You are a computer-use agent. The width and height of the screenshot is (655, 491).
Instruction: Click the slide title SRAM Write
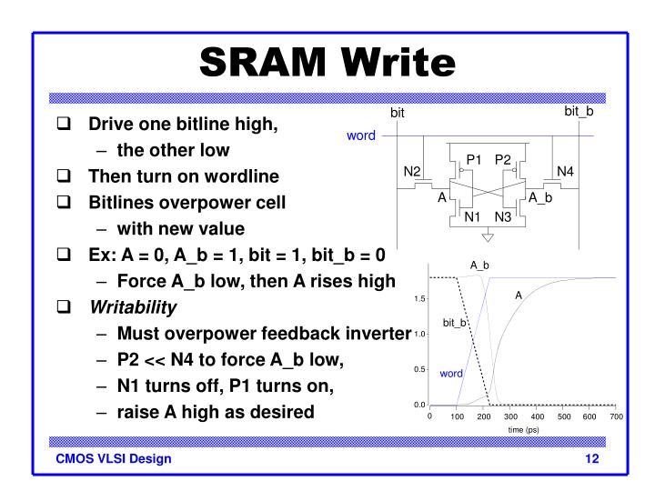pos(327,61)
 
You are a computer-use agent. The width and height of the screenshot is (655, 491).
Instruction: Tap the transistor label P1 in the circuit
pos(473,160)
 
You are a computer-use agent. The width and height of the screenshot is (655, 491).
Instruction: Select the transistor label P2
pos(503,160)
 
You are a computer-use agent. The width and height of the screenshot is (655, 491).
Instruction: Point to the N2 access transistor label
pos(412,172)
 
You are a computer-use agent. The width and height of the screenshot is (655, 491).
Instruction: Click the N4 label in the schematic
pos(565,172)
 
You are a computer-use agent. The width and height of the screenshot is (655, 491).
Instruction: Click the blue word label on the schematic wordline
pos(360,136)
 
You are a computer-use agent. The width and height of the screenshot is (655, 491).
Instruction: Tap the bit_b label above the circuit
pos(578,111)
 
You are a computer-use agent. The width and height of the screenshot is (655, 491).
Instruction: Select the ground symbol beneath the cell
pos(488,239)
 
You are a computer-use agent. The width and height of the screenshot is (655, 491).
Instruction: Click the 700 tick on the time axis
pos(616,416)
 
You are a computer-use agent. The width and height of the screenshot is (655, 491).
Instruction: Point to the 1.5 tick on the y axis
pos(420,298)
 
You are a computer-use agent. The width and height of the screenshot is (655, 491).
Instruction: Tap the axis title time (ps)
pos(522,429)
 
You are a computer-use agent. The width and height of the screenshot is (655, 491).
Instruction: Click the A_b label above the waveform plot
pos(479,265)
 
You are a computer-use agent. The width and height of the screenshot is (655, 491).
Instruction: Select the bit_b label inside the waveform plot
pos(455,323)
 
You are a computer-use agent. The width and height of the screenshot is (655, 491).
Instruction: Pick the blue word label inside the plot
pos(452,374)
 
